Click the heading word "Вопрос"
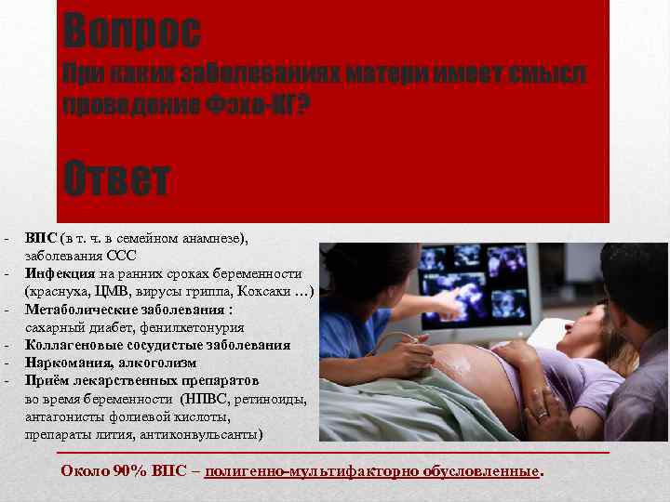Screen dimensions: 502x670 pos(131,30)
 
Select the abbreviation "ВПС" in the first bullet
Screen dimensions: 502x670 pos(40,238)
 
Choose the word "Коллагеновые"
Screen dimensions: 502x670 pos(71,345)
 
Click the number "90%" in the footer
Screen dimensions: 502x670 pos(134,471)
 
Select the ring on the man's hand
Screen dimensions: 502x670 pos(541,416)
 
